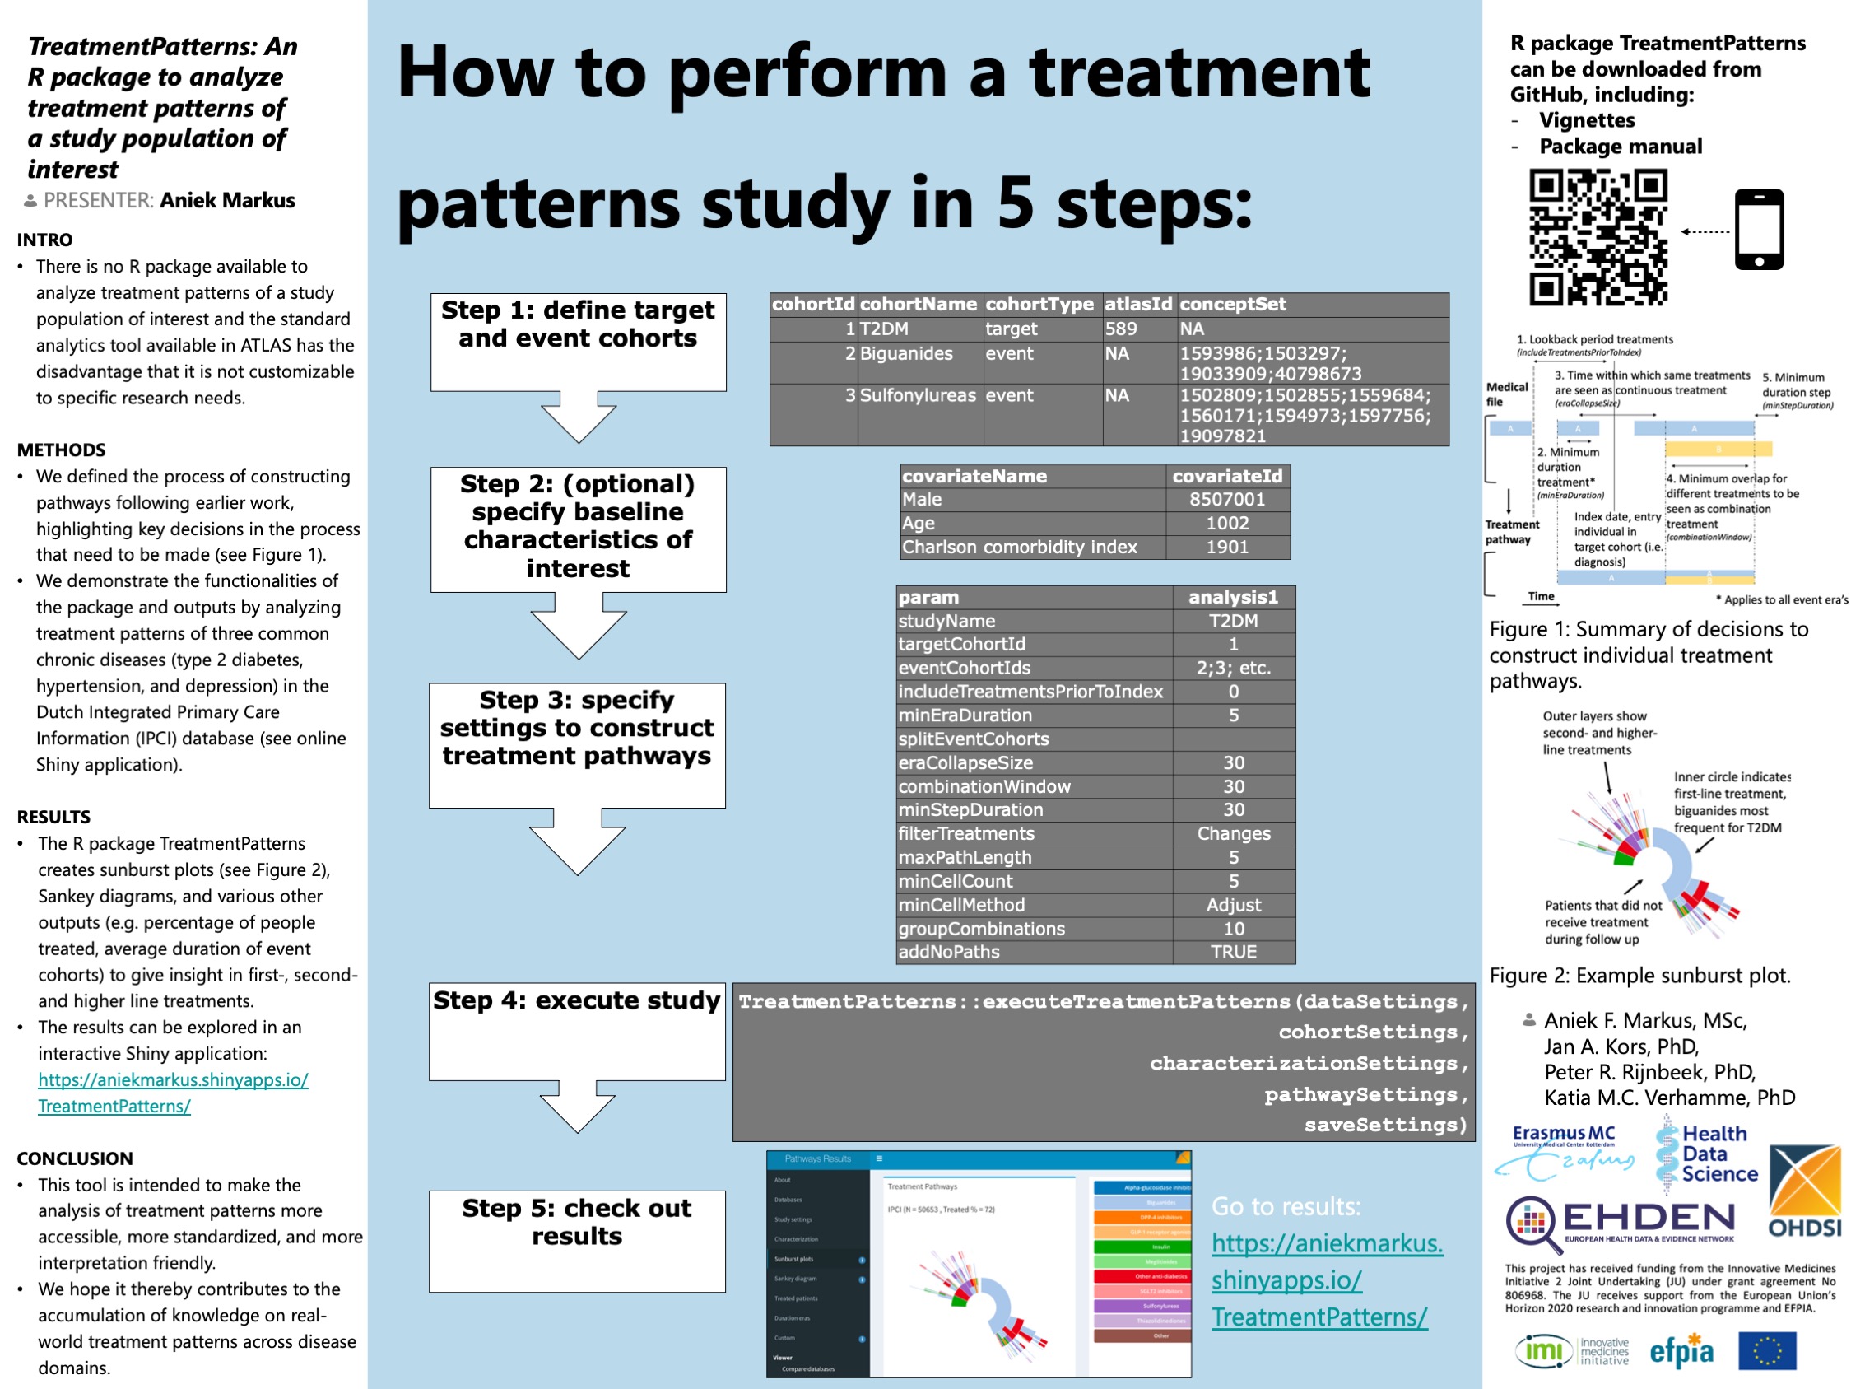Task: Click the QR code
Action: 1598,237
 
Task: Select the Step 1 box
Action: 578,341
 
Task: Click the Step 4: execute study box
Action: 577,1031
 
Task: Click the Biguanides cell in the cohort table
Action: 906,353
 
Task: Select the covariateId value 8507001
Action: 1227,500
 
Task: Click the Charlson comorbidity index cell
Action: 1019,548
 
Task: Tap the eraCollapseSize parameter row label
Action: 965,762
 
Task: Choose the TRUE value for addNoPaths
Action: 1234,952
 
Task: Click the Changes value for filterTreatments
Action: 1234,834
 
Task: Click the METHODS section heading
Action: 61,450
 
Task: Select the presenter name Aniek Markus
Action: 228,201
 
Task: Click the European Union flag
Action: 1766,1350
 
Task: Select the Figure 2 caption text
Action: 1639,976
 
